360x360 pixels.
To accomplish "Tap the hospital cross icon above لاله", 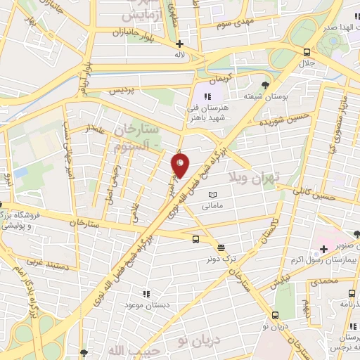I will (x=179, y=44).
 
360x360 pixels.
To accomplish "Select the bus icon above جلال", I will (x=306, y=52).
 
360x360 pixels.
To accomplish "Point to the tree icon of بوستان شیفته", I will (x=264, y=85).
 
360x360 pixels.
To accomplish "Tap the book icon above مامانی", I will (x=212, y=194).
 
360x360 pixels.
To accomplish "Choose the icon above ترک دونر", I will (x=221, y=247).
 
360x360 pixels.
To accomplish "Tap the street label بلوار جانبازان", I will (x=130, y=32).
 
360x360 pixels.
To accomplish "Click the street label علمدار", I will (x=96, y=129).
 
